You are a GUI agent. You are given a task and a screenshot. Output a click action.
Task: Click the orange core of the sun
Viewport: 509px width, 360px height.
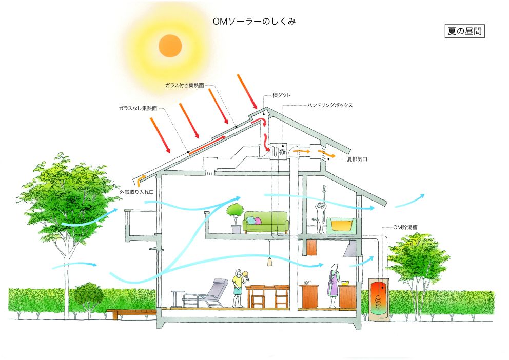170,46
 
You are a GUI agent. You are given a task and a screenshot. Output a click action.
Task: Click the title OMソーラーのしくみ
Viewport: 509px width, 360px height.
254,22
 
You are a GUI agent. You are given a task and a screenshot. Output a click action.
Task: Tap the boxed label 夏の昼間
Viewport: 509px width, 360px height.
464,31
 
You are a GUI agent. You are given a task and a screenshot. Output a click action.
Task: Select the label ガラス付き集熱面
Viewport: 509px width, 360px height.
184,85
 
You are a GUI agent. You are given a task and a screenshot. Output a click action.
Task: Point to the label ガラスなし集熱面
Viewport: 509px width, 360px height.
138,108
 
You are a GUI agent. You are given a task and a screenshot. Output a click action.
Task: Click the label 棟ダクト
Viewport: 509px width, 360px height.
282,95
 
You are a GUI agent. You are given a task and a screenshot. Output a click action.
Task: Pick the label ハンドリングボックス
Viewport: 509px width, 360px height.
330,105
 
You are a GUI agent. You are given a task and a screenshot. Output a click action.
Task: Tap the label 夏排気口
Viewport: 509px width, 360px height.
357,159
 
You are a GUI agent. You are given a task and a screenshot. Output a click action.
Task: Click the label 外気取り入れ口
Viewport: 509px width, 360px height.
136,192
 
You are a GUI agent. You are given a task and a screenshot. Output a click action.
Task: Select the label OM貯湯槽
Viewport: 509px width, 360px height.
405,227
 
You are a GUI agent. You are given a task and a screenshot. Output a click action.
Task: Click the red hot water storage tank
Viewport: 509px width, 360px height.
379,299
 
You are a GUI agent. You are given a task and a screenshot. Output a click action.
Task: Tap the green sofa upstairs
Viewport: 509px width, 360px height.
266,223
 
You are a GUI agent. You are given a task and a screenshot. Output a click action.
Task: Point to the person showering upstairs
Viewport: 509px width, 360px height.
320,217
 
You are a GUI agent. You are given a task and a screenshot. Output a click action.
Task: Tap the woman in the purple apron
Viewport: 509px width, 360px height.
334,286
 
